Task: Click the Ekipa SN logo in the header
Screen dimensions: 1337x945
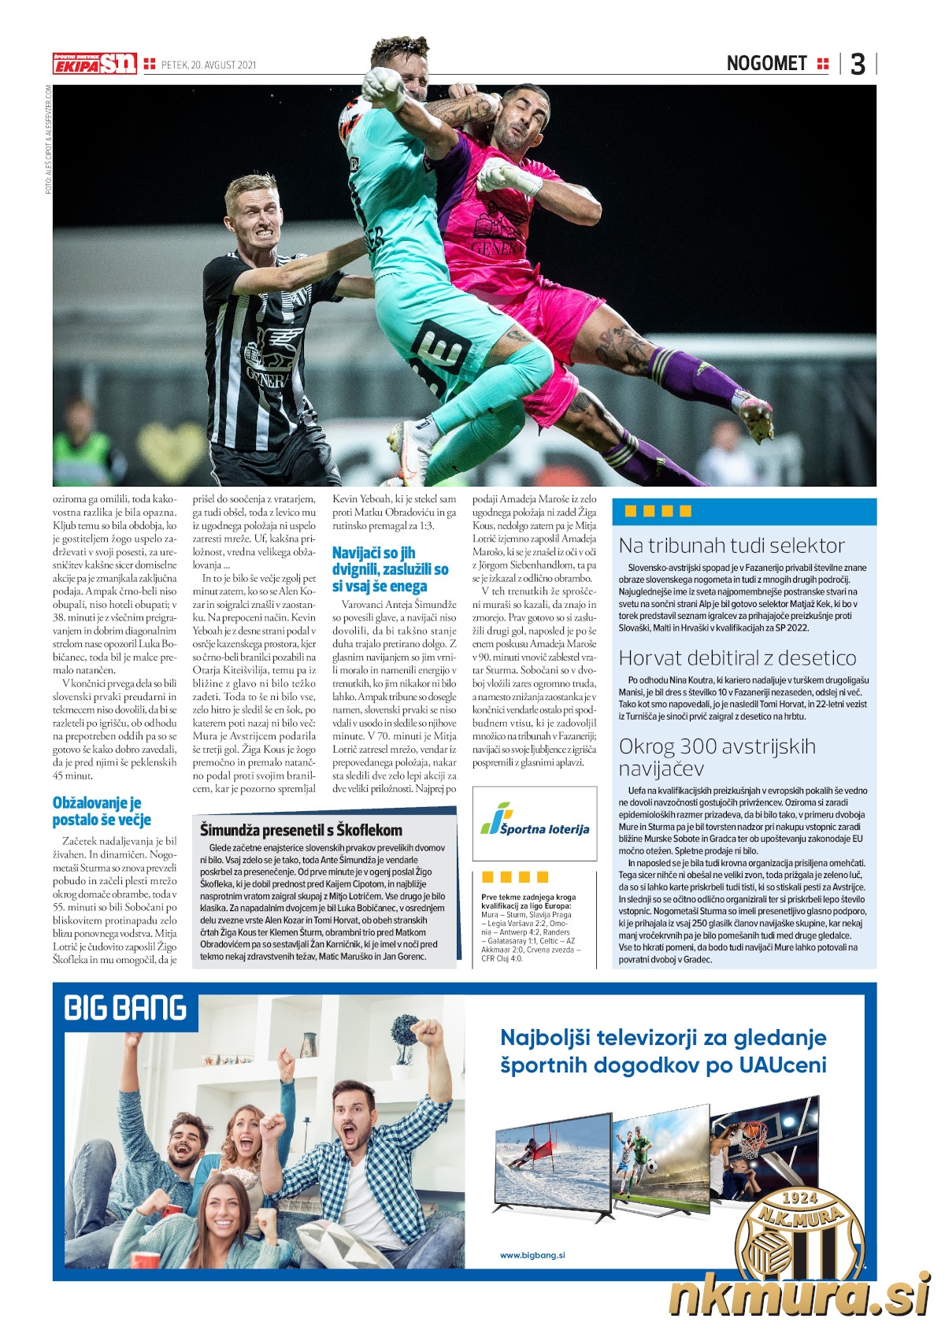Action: point(94,64)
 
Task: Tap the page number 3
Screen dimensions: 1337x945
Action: point(858,64)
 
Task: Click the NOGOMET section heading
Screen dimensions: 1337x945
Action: point(766,64)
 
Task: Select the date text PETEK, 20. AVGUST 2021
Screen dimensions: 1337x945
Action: point(208,65)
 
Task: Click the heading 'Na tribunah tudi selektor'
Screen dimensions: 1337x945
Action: point(731,545)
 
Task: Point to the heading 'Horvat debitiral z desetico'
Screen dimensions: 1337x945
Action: point(737,657)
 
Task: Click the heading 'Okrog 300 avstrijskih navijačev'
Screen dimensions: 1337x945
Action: point(717,757)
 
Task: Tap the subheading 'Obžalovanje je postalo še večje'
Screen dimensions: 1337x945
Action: point(102,811)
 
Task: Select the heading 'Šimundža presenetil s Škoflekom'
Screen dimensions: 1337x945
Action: point(301,829)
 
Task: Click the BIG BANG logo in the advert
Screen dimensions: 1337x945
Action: point(125,1008)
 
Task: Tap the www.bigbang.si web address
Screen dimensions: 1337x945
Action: point(532,1255)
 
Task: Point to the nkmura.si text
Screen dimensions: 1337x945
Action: point(799,1295)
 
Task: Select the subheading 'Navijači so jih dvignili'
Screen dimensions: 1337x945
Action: point(390,569)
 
